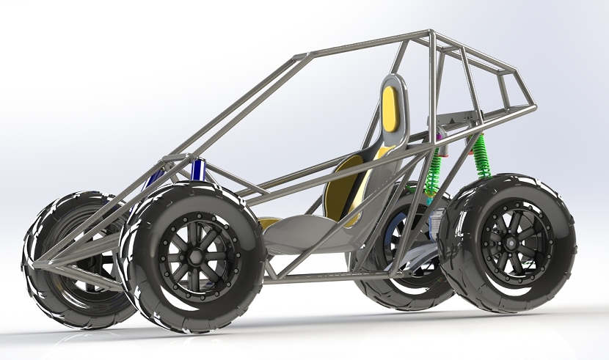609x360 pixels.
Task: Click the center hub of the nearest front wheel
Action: [x=194, y=253]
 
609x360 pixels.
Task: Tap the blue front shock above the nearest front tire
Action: [x=197, y=169]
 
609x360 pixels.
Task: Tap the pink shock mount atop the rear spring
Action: [x=440, y=136]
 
